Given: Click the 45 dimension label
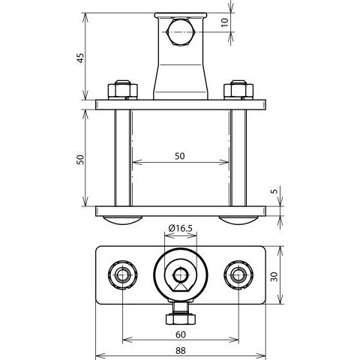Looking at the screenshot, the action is point(80,58).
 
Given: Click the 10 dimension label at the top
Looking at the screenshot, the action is point(225,22).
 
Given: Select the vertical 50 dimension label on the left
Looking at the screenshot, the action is point(80,160).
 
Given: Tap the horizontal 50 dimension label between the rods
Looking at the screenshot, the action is point(180,156).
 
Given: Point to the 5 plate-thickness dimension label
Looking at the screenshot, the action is point(274,191).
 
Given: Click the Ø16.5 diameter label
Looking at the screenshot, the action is point(180,228).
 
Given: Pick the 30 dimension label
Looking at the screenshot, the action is point(274,277).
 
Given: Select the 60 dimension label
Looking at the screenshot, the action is point(181,334).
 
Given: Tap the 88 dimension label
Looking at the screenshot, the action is point(181,350).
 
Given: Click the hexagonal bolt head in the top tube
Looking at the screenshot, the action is point(181,32).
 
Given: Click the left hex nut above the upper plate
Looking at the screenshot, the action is point(123,89).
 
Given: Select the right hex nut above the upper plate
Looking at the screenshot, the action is point(238,89).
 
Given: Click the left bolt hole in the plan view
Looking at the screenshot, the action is point(122,275).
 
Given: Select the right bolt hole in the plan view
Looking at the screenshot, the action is point(238,275).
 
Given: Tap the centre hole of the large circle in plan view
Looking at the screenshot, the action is point(181,275).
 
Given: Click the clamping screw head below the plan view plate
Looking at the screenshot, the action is point(181,319).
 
